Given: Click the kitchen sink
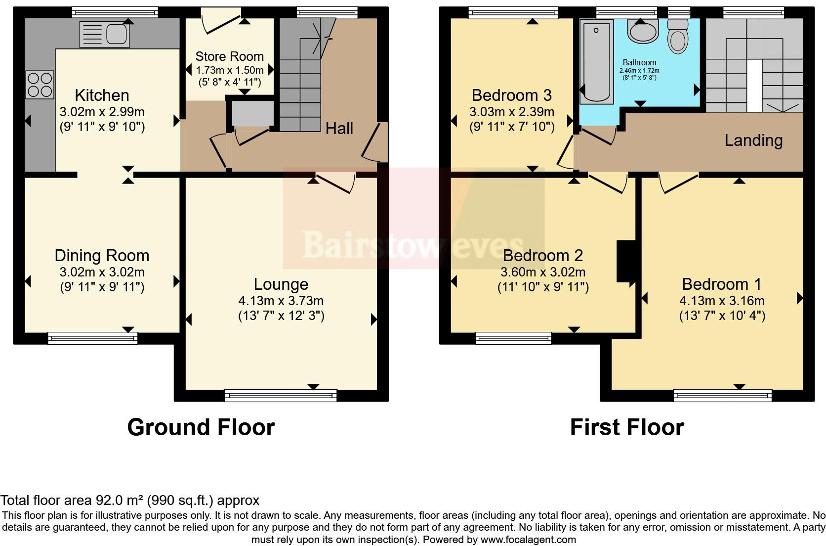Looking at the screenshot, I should pos(105,34).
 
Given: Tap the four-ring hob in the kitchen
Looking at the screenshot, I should pos(40,85).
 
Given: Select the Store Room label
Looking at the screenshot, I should pos(229,56).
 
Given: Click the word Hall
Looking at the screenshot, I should pos(339,129).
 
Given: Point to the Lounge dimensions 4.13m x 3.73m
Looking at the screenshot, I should pos(281,301).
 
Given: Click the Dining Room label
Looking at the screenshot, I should pos(102,256).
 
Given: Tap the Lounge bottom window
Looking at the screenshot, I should pos(281,395).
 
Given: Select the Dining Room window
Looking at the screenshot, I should pos(92,338).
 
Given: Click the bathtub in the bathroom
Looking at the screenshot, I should pos(596,62).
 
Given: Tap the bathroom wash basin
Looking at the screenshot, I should pos(642,32).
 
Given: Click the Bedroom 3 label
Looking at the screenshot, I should pos(511,95).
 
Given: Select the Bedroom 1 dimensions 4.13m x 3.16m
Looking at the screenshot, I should pos(722,301).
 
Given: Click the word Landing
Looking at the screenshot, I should pos(753,140).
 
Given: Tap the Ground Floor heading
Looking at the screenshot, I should pos(201,427).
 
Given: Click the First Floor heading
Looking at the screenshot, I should pos(626,427).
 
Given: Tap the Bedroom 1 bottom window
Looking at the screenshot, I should pos(722,395).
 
